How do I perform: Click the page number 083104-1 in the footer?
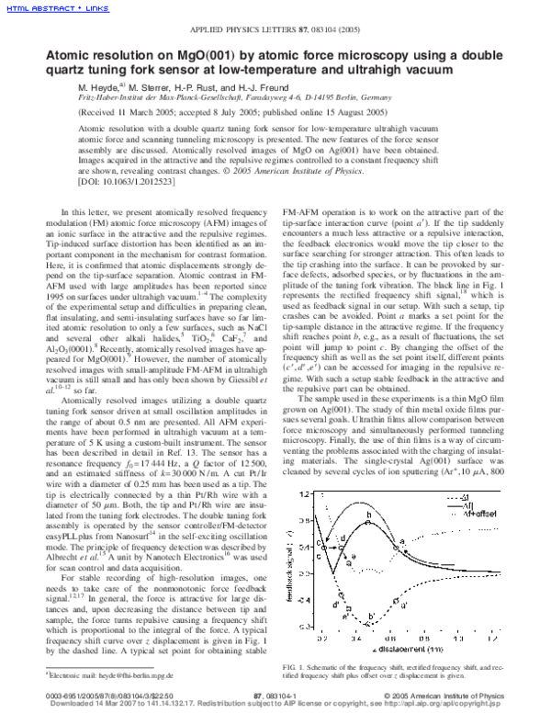click(272, 698)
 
